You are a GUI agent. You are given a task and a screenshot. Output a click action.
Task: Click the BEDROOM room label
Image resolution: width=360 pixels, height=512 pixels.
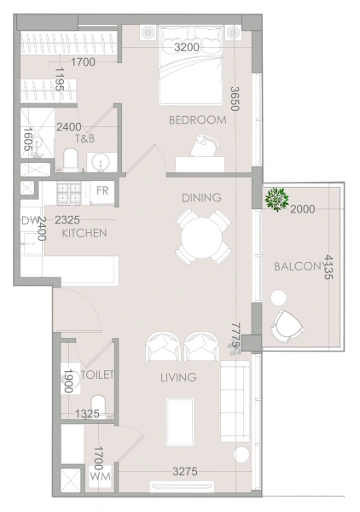197,120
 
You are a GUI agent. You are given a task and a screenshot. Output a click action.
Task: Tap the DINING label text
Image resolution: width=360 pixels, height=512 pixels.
201,198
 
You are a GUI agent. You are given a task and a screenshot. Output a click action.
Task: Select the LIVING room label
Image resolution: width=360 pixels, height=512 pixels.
177,377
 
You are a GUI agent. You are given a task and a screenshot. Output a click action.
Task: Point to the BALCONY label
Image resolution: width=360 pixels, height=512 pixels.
297,267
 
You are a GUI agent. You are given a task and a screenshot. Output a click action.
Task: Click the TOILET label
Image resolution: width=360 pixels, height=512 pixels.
97,375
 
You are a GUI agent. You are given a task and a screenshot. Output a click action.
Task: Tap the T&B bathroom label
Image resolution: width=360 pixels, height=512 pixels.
84,138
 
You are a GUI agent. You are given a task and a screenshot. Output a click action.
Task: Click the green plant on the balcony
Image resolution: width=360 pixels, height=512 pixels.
276,200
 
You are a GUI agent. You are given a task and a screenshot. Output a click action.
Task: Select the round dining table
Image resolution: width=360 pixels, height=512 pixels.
203,236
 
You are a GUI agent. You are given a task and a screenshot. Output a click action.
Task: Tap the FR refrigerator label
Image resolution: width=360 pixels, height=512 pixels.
102,190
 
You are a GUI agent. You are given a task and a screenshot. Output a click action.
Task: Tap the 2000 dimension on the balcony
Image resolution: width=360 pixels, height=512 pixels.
302,209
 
